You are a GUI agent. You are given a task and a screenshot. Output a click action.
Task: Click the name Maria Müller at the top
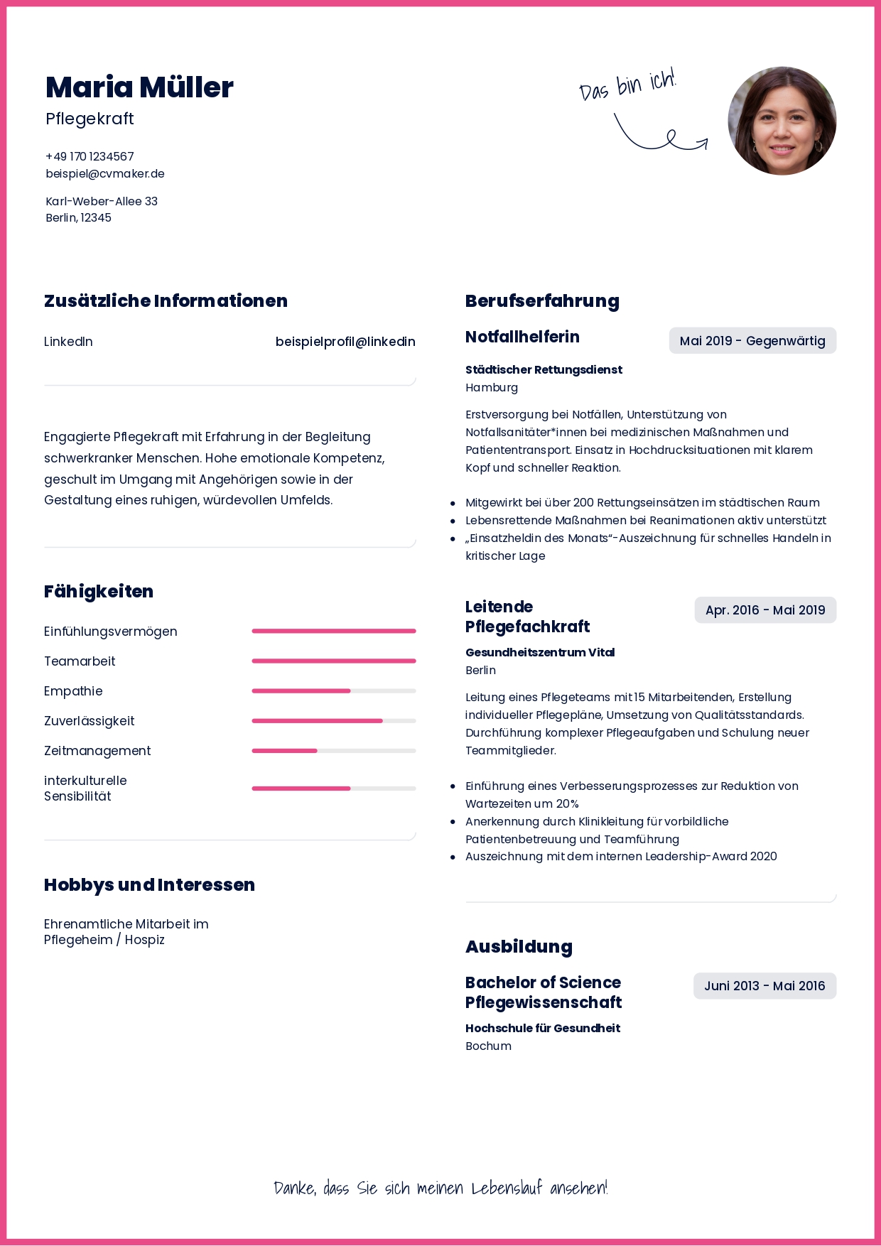pyautogui.click(x=139, y=87)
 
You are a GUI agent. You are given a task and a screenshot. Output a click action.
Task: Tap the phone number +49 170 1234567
pyautogui.click(x=90, y=156)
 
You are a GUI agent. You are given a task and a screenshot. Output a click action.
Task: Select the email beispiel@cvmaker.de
pyautogui.click(x=105, y=173)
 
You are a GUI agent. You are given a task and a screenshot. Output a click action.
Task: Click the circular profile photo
pyautogui.click(x=782, y=121)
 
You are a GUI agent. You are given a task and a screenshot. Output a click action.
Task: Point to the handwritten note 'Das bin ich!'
pyautogui.click(x=627, y=85)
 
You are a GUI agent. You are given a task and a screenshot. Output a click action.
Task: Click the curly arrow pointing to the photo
pyautogui.click(x=661, y=136)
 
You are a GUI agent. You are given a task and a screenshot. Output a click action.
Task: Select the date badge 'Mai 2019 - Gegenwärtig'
pyautogui.click(x=752, y=340)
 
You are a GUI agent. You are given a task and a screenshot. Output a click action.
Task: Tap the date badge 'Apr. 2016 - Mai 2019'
pyautogui.click(x=765, y=610)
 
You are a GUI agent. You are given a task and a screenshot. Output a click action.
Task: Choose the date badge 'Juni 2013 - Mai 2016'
pyautogui.click(x=764, y=985)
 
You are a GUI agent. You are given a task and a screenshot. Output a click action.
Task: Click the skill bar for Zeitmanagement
pyautogui.click(x=333, y=750)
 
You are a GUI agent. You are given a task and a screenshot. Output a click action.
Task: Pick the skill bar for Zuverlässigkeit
pyautogui.click(x=333, y=720)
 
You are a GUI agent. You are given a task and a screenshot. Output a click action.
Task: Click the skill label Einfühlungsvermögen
pyautogui.click(x=111, y=632)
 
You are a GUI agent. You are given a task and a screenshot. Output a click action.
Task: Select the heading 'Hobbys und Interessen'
pyautogui.click(x=149, y=884)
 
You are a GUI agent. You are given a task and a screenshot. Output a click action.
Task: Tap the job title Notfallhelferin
pyautogui.click(x=522, y=337)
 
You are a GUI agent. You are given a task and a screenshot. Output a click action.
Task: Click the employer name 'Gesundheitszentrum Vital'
pyautogui.click(x=540, y=652)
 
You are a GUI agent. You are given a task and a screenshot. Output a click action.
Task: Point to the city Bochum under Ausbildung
pyautogui.click(x=488, y=1046)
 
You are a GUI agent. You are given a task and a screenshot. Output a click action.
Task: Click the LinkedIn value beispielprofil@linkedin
pyautogui.click(x=345, y=342)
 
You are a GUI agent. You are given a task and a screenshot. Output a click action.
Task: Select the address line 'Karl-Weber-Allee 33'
pyautogui.click(x=102, y=201)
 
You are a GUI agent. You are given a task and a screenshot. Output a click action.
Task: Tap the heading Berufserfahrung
pyautogui.click(x=542, y=300)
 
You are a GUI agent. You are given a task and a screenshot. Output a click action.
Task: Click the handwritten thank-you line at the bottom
pyautogui.click(x=440, y=1188)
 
